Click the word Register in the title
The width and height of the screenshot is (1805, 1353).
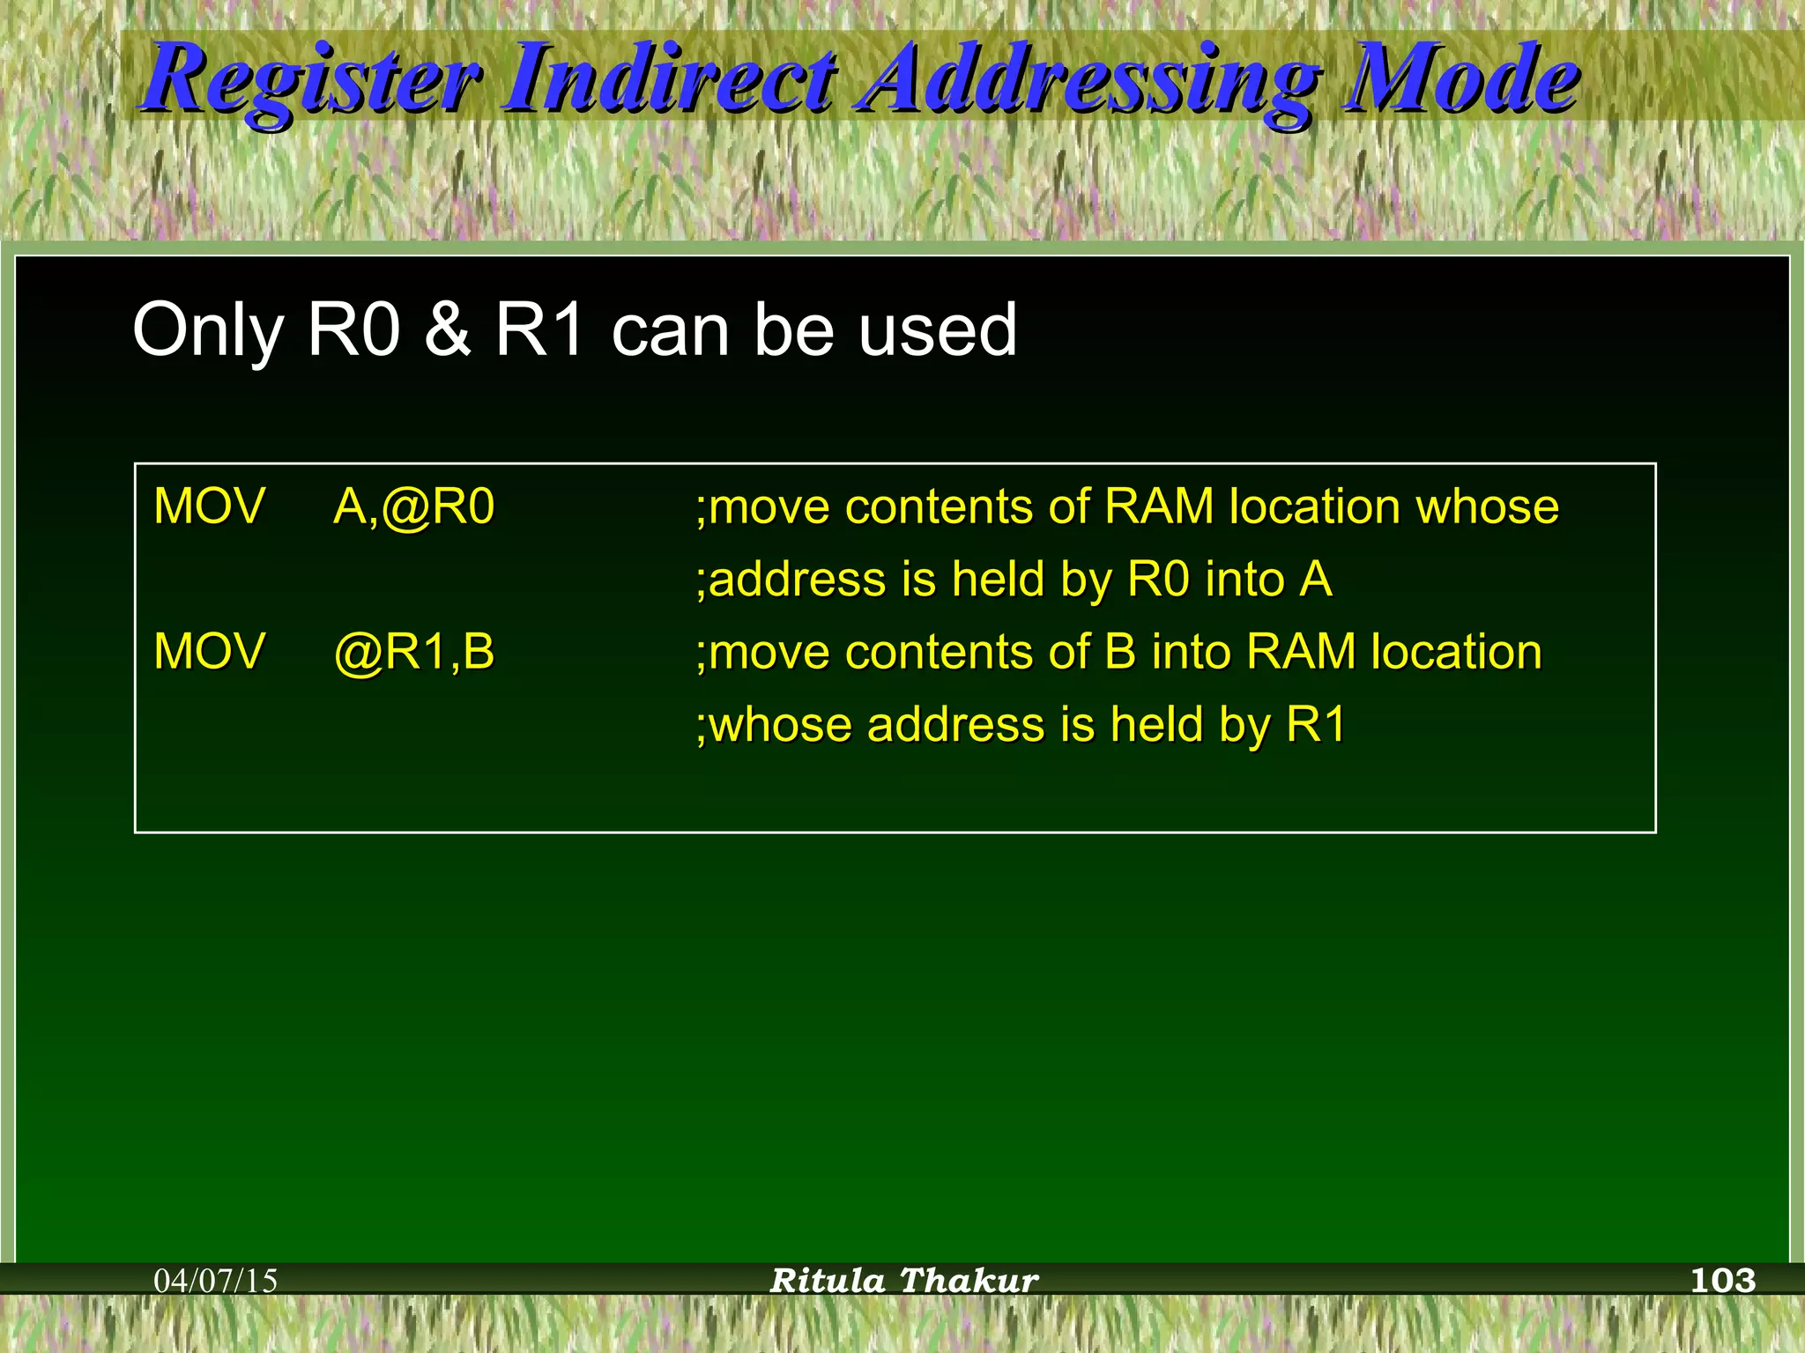tap(313, 81)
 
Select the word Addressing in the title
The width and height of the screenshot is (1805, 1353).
tap(1091, 81)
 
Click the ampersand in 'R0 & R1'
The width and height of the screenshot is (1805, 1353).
tap(447, 329)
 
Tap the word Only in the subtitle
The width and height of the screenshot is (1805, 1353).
tap(208, 331)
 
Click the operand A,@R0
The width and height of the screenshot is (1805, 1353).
tap(413, 507)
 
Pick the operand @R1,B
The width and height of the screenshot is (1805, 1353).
tap(413, 653)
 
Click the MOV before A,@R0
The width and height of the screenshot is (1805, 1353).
tap(209, 507)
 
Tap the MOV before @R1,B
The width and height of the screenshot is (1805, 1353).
tap(209, 653)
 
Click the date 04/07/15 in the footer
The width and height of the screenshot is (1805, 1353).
tap(215, 1281)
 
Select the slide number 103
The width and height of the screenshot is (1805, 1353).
tap(1723, 1280)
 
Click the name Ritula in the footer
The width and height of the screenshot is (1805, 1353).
tap(828, 1281)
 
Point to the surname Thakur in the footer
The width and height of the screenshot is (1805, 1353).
tap(969, 1281)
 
